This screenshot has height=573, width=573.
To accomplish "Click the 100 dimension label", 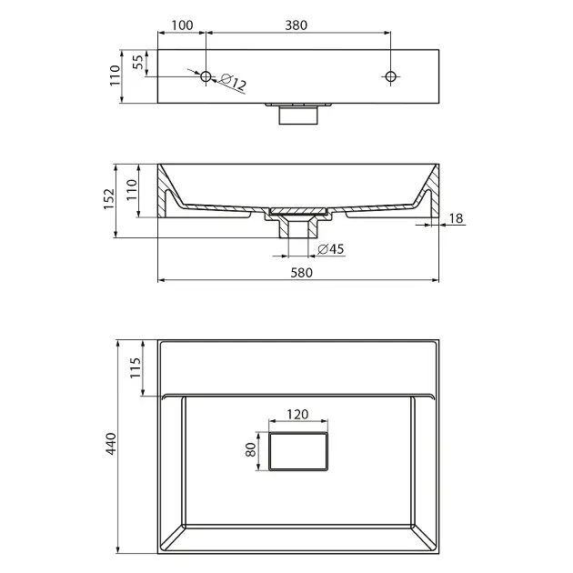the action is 182,25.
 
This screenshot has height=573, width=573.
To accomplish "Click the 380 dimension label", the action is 296,25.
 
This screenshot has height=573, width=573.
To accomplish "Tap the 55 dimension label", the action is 137,62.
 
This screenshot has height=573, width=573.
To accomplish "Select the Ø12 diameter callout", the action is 234,83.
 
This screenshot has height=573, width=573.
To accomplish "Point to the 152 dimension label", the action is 109,199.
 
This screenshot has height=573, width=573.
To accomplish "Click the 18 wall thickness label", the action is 456,218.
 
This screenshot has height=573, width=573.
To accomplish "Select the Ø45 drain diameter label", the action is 331,249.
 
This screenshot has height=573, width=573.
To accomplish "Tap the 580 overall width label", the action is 301,273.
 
